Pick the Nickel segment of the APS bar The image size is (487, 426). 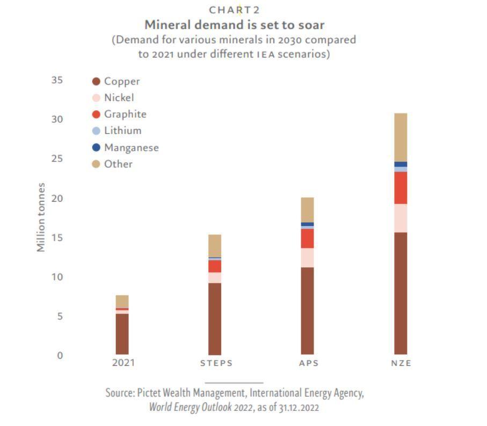click(x=307, y=258)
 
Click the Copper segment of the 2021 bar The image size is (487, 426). click(x=122, y=333)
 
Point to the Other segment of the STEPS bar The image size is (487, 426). click(x=215, y=246)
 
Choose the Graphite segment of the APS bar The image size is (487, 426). click(x=307, y=238)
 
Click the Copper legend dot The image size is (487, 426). click(x=97, y=81)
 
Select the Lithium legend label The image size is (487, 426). click(x=123, y=131)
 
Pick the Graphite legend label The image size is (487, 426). click(x=125, y=114)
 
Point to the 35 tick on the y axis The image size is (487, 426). click(x=57, y=80)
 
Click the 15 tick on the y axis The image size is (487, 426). click(x=57, y=238)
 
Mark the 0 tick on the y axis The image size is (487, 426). click(x=60, y=356)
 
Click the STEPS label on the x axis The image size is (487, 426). click(x=216, y=363)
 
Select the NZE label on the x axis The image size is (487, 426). click(x=401, y=363)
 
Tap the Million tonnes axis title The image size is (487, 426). click(x=41, y=217)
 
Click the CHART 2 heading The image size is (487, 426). click(x=234, y=10)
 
